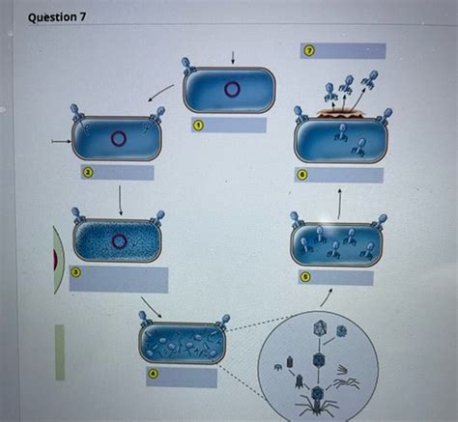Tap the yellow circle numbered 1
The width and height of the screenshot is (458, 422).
click(x=196, y=125)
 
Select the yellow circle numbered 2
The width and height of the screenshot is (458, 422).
click(x=86, y=172)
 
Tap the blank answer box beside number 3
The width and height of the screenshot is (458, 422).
click(x=126, y=280)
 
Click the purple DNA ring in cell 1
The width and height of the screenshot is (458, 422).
click(x=232, y=90)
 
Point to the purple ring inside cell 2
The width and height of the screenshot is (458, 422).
click(x=119, y=138)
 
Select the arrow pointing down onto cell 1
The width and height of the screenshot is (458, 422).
click(x=232, y=55)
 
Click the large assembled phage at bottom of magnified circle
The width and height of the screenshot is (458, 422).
click(x=317, y=398)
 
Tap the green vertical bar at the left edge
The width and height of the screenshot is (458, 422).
click(x=59, y=352)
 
